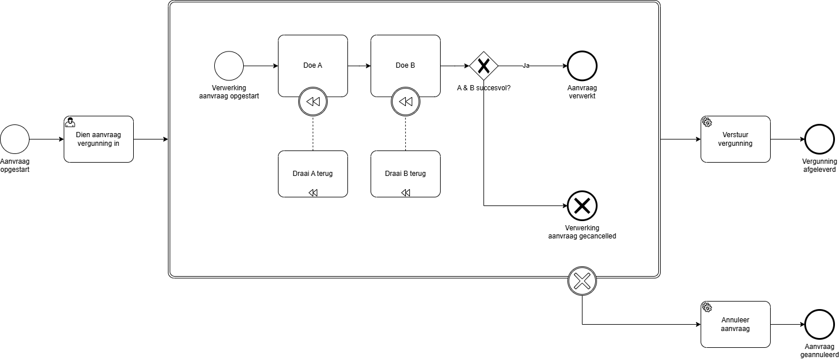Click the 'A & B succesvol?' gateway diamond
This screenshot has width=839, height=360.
(x=484, y=66)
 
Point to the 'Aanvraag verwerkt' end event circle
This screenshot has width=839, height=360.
(x=582, y=66)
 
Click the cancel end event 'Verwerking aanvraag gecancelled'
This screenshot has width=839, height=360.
(x=582, y=205)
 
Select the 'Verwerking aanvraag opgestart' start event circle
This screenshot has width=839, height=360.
(x=229, y=66)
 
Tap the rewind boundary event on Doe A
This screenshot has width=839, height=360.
(x=313, y=102)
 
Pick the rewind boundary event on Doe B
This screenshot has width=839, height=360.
(x=405, y=102)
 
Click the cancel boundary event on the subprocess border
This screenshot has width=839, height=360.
(x=582, y=281)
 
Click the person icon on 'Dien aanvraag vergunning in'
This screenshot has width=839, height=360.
(x=70, y=122)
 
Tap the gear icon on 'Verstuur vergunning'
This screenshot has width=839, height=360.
(x=707, y=122)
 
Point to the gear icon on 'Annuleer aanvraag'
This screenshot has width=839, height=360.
(x=707, y=307)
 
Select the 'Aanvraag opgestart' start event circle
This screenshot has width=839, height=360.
(x=14, y=139)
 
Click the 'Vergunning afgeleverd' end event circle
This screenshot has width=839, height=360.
(x=820, y=139)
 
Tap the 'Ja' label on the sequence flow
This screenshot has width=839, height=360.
(x=526, y=66)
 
